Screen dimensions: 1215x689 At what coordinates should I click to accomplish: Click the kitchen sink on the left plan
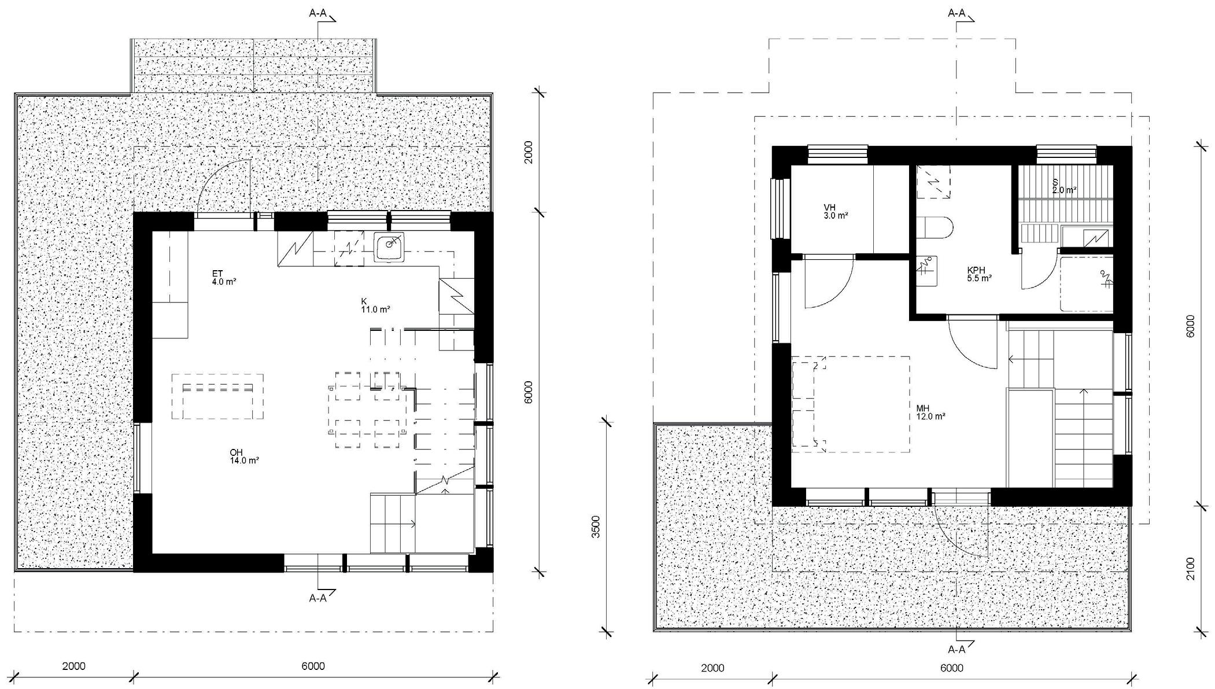(x=389, y=248)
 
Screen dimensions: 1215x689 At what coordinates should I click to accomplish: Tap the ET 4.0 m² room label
(x=223, y=278)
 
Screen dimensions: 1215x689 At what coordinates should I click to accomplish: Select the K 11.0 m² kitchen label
(x=375, y=305)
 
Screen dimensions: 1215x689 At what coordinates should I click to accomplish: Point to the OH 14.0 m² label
(x=243, y=456)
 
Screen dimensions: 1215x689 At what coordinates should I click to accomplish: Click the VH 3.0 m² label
(x=836, y=212)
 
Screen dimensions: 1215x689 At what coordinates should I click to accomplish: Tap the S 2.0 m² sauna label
(x=1064, y=186)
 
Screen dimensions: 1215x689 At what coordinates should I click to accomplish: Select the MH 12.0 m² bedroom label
(x=930, y=412)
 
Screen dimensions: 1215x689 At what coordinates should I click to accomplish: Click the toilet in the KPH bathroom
(x=935, y=228)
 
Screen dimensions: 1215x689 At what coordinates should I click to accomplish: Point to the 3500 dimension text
(x=596, y=526)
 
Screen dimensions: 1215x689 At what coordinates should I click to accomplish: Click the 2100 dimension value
(x=1190, y=569)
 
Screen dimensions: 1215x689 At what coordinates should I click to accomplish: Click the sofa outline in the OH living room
(x=217, y=396)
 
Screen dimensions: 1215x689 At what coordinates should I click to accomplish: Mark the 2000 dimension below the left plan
(x=73, y=666)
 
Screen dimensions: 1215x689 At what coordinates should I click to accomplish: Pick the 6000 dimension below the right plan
(x=952, y=668)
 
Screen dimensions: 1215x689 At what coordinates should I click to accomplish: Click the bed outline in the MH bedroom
(x=850, y=404)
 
